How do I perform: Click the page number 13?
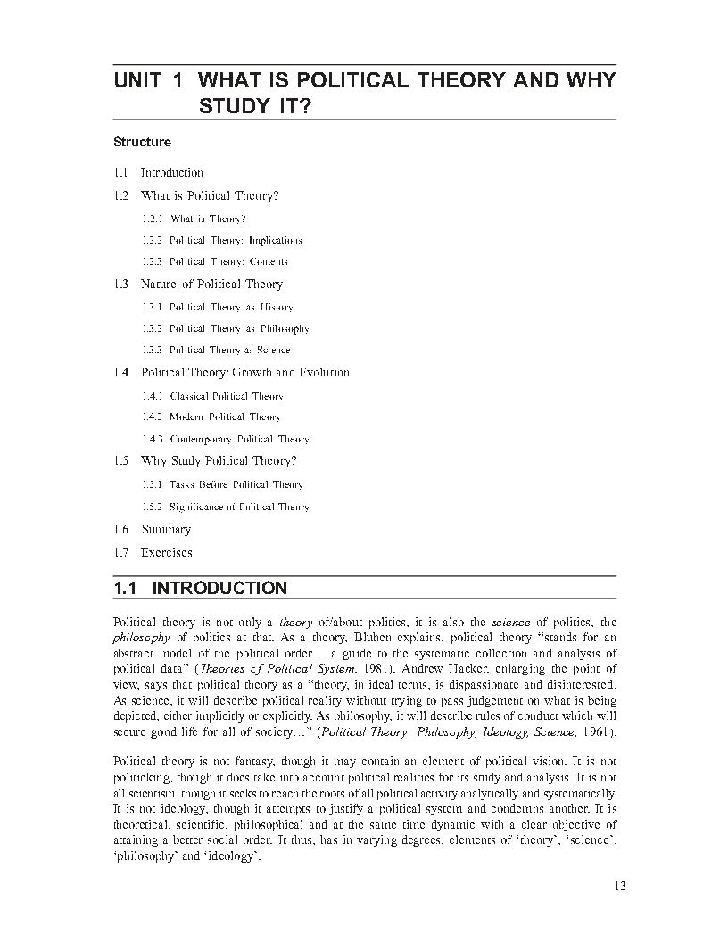(x=621, y=886)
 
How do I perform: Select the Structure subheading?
(x=142, y=142)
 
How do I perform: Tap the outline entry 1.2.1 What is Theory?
(x=194, y=219)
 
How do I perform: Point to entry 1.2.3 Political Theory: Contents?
(x=214, y=262)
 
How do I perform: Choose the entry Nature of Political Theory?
(x=211, y=285)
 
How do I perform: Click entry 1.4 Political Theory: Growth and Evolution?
(x=231, y=373)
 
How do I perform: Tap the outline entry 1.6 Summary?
(x=152, y=530)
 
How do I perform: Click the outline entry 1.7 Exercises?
(x=153, y=552)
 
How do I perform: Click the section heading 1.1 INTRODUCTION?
(x=201, y=589)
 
